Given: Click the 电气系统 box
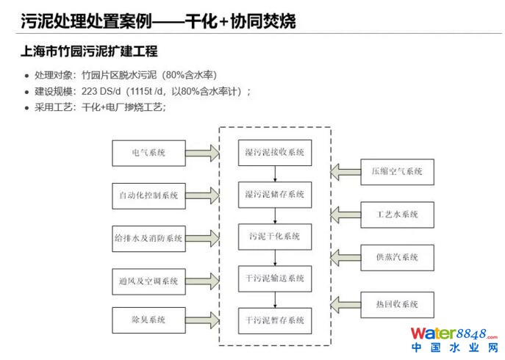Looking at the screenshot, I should [x=148, y=153].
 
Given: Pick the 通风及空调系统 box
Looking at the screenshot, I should [x=148, y=280].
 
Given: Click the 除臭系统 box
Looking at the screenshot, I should [x=148, y=320].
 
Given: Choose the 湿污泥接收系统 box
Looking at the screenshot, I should [x=274, y=153].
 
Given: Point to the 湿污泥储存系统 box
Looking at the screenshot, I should [x=274, y=194].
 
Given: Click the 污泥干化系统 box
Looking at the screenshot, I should [x=274, y=237].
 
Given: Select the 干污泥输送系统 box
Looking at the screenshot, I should [x=274, y=278].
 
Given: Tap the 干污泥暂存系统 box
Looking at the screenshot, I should [x=274, y=320].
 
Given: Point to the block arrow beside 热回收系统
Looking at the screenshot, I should [x=344, y=303].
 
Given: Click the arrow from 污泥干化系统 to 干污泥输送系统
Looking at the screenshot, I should [x=274, y=258].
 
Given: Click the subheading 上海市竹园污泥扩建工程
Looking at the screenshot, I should [x=89, y=52].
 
